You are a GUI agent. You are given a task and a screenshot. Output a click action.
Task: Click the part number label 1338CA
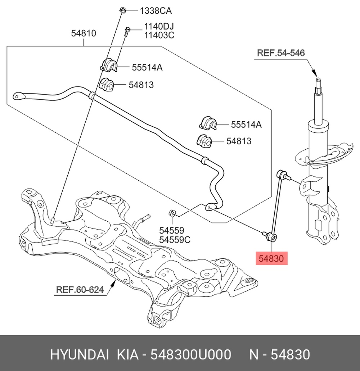[x=156, y=11]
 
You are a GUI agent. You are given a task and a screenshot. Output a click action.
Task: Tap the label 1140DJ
[x=159, y=27]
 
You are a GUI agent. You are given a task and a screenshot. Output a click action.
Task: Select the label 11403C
[x=159, y=35]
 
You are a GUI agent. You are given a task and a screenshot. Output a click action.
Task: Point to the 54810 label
[x=84, y=33]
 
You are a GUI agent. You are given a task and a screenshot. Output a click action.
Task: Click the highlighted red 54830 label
[x=272, y=258]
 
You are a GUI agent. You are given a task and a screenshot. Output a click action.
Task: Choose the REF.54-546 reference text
[x=281, y=53]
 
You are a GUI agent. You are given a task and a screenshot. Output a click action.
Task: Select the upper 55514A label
[x=147, y=67]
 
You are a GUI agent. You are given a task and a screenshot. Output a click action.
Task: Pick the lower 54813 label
[x=239, y=141]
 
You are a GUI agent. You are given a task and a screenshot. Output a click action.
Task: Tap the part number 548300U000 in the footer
[x=190, y=355]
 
